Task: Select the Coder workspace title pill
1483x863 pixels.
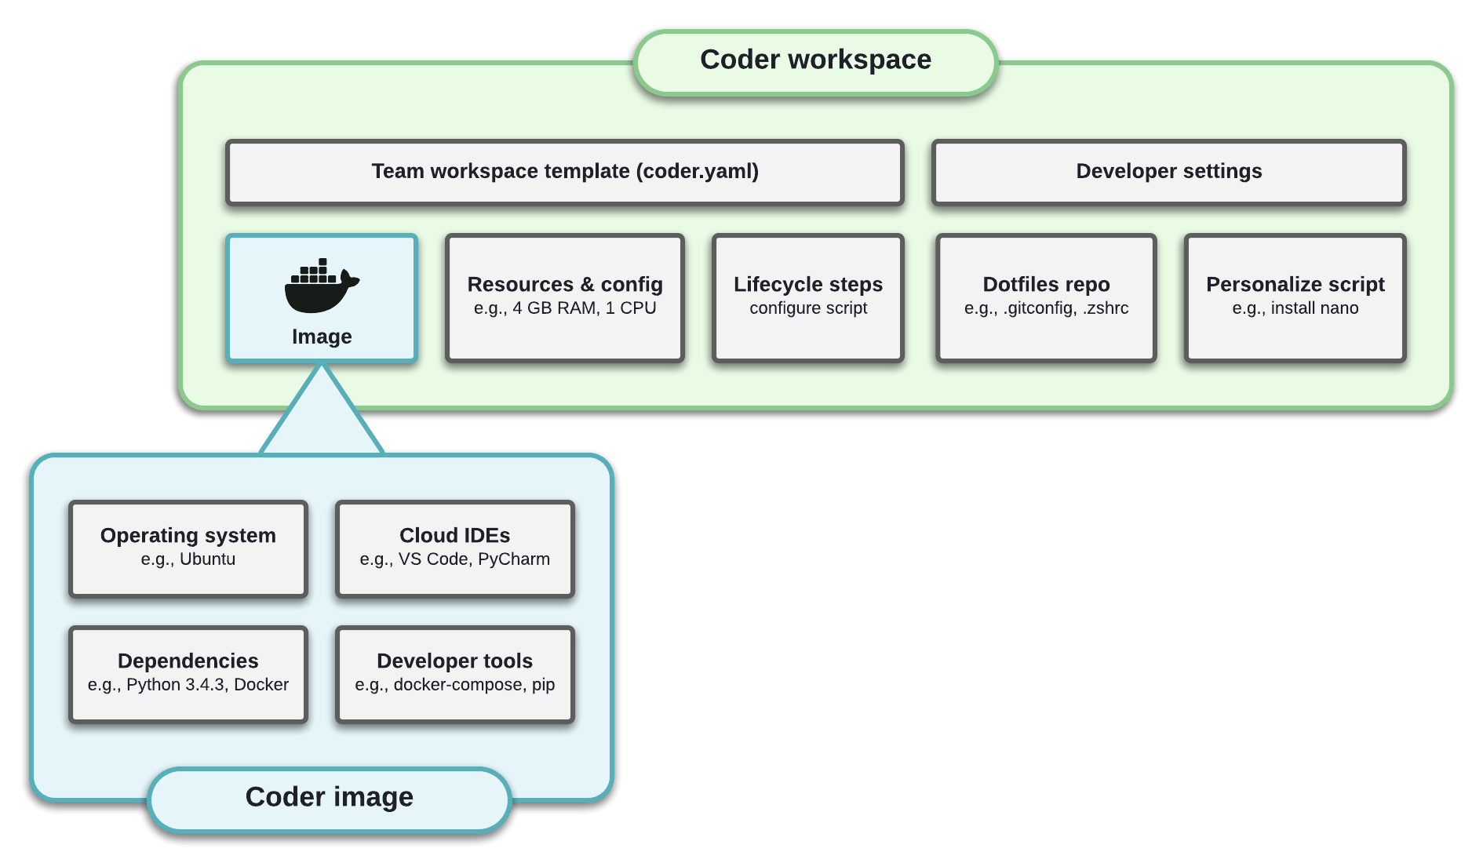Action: point(815,61)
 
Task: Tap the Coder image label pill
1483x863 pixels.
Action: point(330,798)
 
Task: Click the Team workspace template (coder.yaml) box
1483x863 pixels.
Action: point(565,172)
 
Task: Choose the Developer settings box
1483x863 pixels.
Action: point(1168,172)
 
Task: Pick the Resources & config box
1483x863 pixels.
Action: point(565,297)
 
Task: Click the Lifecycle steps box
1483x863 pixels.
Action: point(808,297)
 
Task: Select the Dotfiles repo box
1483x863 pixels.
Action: point(1046,297)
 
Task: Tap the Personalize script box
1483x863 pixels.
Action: point(1295,297)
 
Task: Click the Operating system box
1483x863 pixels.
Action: point(188,548)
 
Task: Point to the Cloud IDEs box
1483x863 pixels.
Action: point(455,548)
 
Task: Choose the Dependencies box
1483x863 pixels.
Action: point(188,674)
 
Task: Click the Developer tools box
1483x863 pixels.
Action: point(455,674)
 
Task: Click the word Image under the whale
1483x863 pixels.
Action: point(322,337)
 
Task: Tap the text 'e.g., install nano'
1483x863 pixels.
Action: point(1295,308)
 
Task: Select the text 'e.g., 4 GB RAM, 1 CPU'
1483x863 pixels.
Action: point(565,308)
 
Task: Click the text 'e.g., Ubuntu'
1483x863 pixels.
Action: point(188,559)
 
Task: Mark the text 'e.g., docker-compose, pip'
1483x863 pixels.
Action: point(455,685)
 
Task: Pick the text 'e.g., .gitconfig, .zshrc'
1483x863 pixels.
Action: point(1046,308)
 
